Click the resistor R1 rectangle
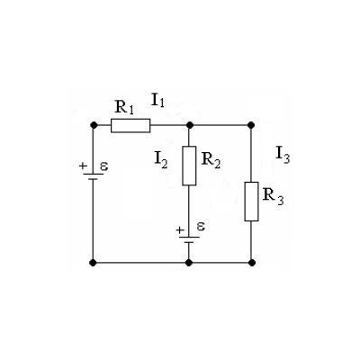coord(130,125)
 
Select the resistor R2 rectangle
coord(189,166)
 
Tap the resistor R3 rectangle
coord(251,202)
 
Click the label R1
coord(124,107)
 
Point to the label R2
coord(211,160)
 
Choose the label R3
coord(273,196)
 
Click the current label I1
coord(158,100)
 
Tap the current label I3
coord(283,155)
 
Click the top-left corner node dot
coord(94,125)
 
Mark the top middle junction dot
coord(189,125)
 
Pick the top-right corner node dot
coord(251,125)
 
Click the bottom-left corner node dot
coord(93,263)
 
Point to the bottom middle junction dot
coord(189,263)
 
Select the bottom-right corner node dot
coord(252,263)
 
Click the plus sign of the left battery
coord(83,166)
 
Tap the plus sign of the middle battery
coord(180,230)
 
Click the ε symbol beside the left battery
coord(104,166)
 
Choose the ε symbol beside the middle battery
coord(201,227)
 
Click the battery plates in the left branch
coord(94,176)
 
